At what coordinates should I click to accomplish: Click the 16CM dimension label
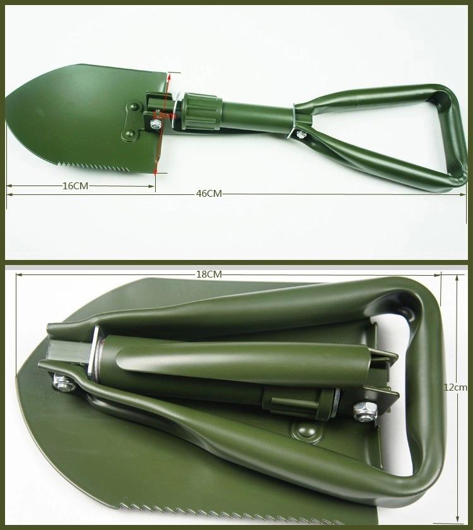[75, 186]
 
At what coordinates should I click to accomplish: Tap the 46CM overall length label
[209, 194]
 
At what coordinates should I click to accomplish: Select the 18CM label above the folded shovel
[209, 274]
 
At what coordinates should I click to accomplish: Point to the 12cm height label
[455, 387]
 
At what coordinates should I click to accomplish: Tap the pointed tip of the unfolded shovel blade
[7, 97]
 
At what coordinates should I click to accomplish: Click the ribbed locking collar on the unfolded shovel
[201, 111]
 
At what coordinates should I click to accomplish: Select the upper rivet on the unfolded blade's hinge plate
[135, 107]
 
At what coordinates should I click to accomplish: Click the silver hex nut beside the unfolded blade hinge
[156, 124]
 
